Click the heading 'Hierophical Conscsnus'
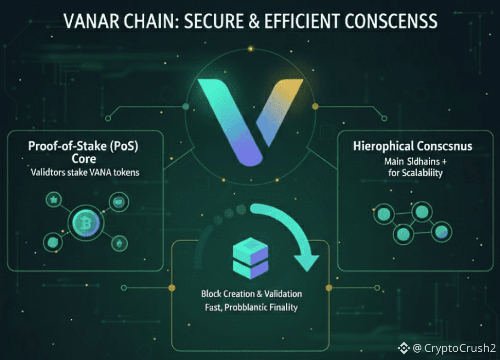413,147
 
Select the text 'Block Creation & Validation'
251,293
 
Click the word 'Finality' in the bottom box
283,307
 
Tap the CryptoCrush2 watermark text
460,349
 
